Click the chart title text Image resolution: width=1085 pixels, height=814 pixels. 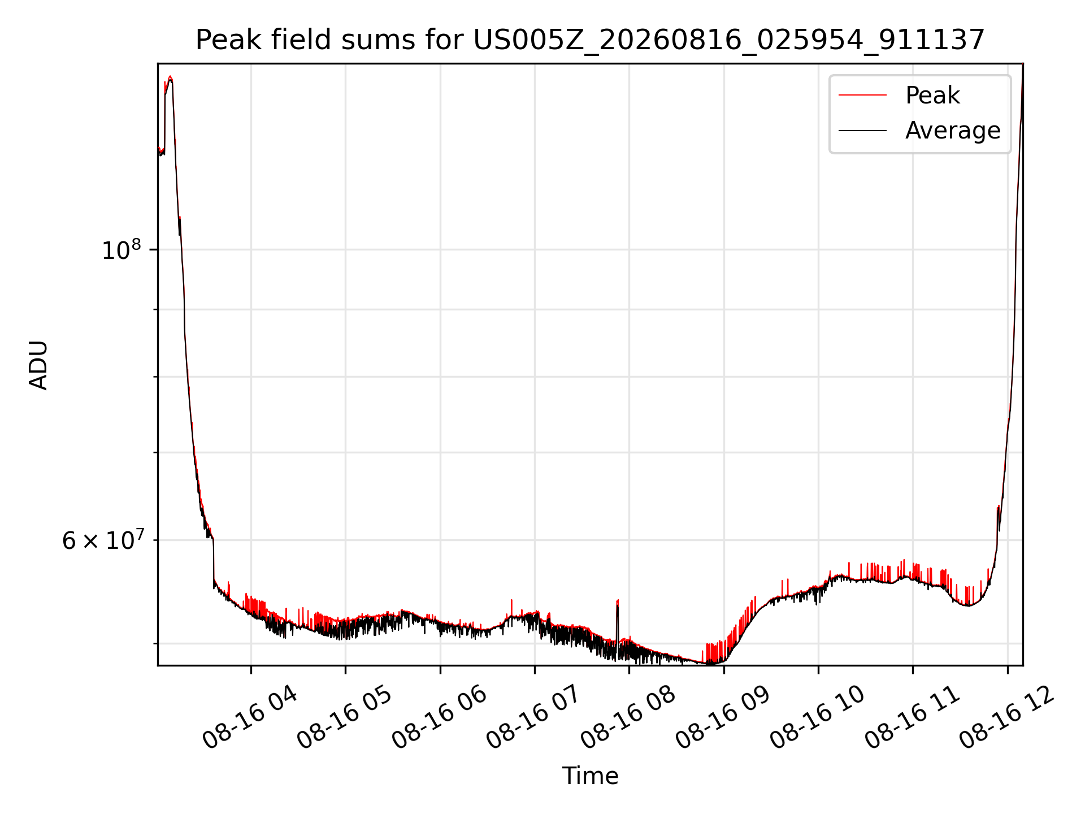tap(590, 40)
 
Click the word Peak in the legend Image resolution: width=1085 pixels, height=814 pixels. tap(932, 95)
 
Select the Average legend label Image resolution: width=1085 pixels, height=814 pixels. tap(953, 131)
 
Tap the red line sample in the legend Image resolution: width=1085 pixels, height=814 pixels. tap(862, 95)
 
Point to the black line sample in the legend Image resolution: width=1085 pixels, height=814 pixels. tap(862, 131)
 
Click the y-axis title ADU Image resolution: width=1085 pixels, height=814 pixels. tap(38, 365)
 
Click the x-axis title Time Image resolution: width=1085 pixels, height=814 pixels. tap(590, 776)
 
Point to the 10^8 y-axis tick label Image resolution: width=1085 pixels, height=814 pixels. tap(121, 249)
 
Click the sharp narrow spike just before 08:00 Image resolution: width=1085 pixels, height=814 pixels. tap(618, 600)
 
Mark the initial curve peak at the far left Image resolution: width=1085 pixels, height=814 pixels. tap(170, 77)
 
